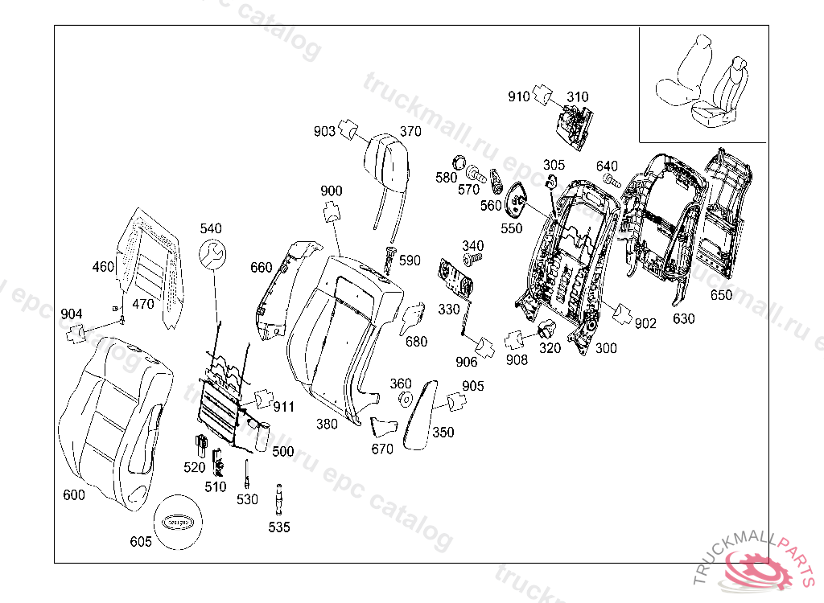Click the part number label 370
(410, 132)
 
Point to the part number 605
(141, 542)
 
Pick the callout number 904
(72, 313)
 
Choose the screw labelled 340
(472, 258)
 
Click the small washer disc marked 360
(406, 400)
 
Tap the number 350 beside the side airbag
(443, 432)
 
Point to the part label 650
(721, 295)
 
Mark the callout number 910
(518, 96)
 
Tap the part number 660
(262, 267)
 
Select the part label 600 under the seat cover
(74, 495)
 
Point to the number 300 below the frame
(606, 348)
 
